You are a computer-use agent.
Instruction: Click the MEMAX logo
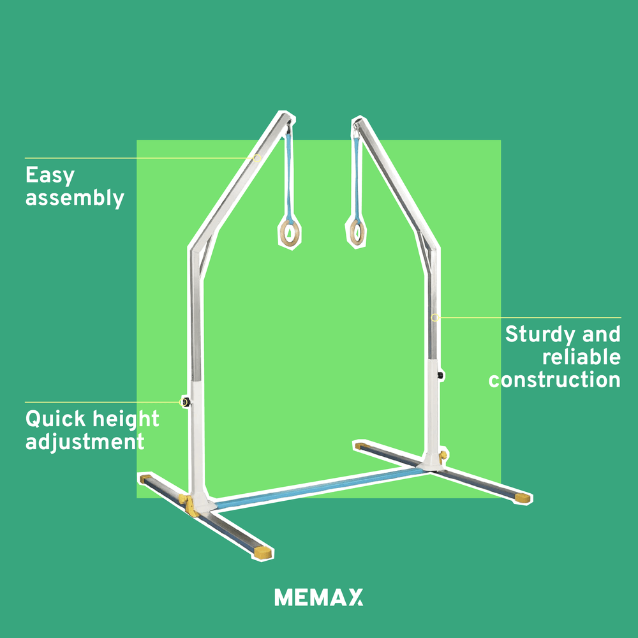click(x=318, y=598)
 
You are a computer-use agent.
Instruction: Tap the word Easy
click(x=50, y=175)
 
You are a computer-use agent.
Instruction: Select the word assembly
click(x=75, y=198)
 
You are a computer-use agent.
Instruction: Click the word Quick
click(x=55, y=419)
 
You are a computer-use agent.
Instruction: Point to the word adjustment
click(x=85, y=441)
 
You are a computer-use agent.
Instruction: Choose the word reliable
click(x=581, y=357)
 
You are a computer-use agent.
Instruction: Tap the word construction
click(x=554, y=380)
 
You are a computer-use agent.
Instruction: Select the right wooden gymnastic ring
click(x=355, y=230)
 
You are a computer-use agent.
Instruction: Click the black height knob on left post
click(x=186, y=402)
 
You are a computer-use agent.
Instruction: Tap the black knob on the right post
click(x=441, y=375)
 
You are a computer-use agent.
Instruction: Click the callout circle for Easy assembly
click(x=257, y=158)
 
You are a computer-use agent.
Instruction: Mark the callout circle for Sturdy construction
click(x=434, y=317)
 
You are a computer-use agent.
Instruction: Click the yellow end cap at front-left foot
click(x=263, y=553)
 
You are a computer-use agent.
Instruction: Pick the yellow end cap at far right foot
click(x=523, y=498)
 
